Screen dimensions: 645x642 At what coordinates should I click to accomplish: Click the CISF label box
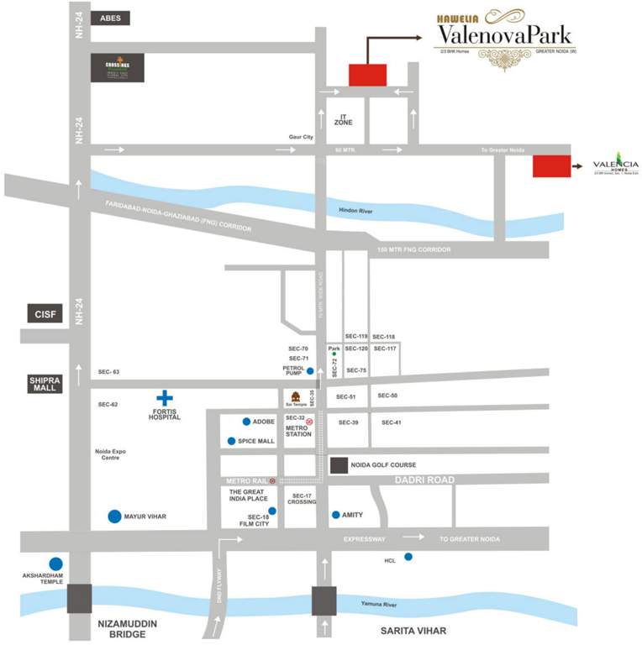coord(44,313)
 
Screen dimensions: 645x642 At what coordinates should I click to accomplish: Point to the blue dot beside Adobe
coord(246,422)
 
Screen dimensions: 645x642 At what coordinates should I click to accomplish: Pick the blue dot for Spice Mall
coord(231,441)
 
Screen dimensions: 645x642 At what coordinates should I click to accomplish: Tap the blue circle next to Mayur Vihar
coord(114,517)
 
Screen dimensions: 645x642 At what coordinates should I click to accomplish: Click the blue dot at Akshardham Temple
coord(55,564)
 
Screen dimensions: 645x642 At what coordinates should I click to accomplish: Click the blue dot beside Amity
coord(336,515)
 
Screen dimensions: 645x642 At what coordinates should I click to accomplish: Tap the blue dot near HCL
coord(408,556)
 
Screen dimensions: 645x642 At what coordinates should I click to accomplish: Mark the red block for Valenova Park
coord(367,75)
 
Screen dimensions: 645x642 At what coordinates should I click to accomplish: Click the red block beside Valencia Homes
coord(551,166)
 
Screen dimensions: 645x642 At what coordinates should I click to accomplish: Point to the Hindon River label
coord(355,211)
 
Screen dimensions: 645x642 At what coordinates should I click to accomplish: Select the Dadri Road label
coord(424,480)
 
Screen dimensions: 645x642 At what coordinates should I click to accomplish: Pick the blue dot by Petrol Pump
coord(310,370)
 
